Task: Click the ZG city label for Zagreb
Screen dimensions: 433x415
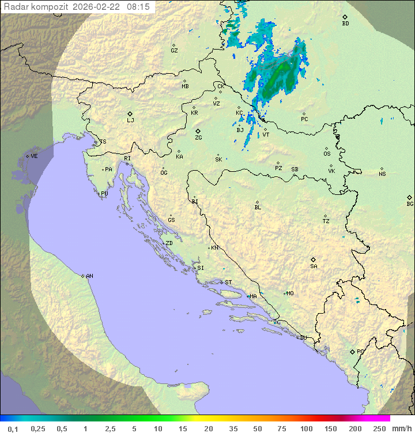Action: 198,138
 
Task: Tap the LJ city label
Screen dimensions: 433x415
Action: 130,121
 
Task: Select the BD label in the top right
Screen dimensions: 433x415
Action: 345,24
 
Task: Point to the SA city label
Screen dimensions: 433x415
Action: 314,266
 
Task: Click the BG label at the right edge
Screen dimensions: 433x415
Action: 410,204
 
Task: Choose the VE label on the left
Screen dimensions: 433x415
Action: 34,156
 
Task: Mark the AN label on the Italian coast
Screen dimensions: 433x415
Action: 89,276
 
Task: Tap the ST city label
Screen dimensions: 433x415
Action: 228,283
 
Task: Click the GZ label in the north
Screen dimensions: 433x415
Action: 174,51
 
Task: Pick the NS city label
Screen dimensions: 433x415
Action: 382,174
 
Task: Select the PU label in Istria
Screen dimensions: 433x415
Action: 104,194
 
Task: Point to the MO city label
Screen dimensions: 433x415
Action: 290,293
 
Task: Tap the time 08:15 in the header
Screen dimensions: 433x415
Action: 138,6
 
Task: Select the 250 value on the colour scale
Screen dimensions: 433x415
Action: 379,428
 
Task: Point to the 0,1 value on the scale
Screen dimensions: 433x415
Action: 13,428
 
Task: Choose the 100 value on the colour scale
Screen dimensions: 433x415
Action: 306,428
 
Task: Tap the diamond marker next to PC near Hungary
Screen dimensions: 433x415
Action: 304,114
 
